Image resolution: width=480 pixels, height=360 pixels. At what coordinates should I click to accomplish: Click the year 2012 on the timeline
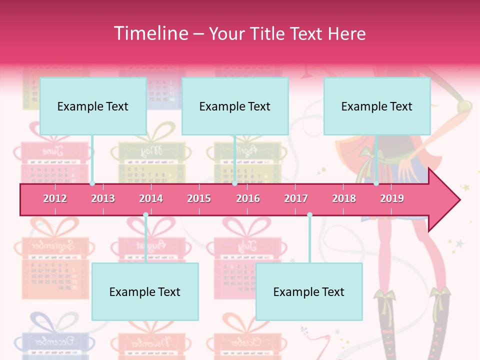(55, 198)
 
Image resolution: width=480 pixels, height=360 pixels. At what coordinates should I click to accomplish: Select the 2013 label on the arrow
(103, 198)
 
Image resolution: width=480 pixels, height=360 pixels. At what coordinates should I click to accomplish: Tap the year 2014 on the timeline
(151, 198)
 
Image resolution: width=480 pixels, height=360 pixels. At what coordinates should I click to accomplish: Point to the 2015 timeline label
(199, 198)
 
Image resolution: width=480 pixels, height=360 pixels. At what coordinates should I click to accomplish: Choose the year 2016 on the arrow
(248, 198)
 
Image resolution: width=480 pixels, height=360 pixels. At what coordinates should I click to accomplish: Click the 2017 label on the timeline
(296, 198)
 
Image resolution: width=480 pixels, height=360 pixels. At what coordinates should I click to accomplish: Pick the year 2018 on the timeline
(344, 198)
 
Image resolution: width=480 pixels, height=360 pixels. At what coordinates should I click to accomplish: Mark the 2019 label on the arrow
(392, 198)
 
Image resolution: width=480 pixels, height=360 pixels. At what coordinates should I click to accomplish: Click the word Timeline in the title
(150, 33)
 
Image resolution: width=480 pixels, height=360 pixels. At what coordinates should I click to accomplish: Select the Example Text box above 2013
(93, 106)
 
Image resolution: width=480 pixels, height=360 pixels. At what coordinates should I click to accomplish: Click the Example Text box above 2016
(235, 106)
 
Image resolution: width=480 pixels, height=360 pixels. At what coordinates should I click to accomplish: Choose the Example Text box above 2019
(377, 106)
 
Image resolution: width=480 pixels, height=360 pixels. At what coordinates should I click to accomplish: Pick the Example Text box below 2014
(145, 291)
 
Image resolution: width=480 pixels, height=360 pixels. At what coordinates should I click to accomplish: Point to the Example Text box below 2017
(309, 291)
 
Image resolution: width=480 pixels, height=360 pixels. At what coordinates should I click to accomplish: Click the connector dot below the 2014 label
(145, 215)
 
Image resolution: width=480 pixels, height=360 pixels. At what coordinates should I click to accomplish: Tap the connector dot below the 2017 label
(309, 215)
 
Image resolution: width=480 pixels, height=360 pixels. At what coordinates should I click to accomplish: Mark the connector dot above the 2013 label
(92, 183)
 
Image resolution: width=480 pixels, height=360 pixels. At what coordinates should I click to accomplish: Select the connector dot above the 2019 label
(376, 183)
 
